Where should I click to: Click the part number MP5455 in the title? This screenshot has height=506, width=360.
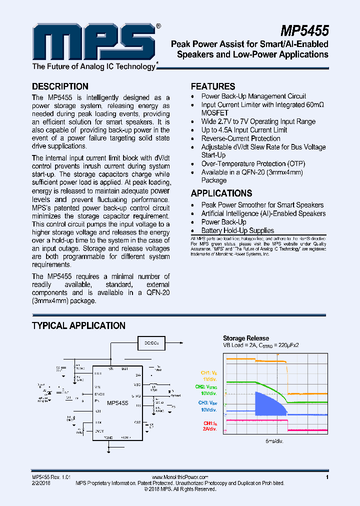click(x=304, y=31)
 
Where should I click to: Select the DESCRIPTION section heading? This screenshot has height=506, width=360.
click(x=60, y=86)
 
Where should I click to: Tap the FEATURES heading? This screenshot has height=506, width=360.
click(x=213, y=86)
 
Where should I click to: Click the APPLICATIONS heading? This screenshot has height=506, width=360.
click(x=221, y=193)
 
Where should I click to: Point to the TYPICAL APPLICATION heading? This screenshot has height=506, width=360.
click(x=78, y=326)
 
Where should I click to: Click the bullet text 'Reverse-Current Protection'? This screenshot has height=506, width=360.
click(x=240, y=138)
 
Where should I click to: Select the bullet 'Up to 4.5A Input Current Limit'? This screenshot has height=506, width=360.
click(x=244, y=130)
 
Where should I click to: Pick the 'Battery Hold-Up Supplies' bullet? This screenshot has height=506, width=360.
click(x=237, y=230)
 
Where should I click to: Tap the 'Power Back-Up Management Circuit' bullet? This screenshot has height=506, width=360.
click(x=253, y=96)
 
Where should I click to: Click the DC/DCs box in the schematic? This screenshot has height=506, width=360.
click(x=151, y=343)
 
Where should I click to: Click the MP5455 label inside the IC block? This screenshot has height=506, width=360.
click(x=117, y=403)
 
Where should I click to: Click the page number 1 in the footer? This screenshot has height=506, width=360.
click(x=326, y=477)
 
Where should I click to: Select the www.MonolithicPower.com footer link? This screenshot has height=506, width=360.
click(x=179, y=477)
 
